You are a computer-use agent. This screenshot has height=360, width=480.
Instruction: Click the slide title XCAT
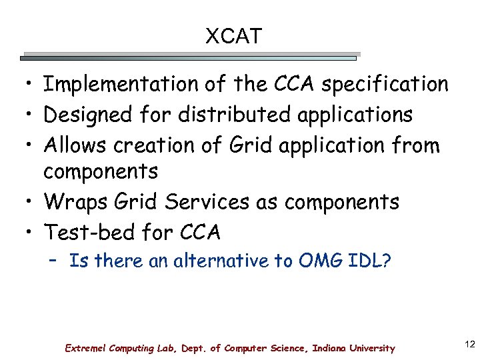pyautogui.click(x=233, y=36)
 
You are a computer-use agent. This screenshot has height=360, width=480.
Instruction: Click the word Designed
pyautogui.click(x=89, y=115)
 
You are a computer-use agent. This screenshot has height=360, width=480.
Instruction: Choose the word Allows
pyautogui.click(x=75, y=145)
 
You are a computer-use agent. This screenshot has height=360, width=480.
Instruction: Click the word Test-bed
pyautogui.click(x=89, y=232)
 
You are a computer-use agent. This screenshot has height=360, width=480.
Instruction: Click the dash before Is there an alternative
pyautogui.click(x=55, y=261)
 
